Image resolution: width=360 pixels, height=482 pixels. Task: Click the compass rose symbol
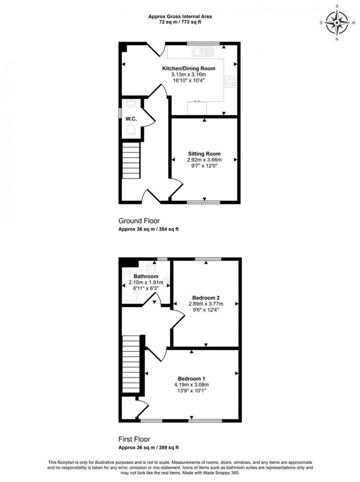(337, 23)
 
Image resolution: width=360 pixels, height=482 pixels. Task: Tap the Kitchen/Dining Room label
(188, 68)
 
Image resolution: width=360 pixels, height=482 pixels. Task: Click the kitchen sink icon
(204, 52)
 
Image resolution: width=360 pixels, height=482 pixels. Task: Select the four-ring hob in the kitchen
(231, 81)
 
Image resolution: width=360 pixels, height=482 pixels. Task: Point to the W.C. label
(131, 119)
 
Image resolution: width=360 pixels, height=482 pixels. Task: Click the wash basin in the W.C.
(132, 103)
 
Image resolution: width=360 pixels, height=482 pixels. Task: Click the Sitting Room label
(204, 154)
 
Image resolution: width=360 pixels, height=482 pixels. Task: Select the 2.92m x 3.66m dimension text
(204, 160)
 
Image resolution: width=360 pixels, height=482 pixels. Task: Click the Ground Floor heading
(139, 221)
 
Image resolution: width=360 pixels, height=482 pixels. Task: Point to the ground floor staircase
(131, 160)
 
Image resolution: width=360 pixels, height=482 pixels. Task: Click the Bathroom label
(146, 276)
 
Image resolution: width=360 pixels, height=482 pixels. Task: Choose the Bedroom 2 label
(206, 298)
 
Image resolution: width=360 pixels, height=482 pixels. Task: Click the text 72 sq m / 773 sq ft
(180, 22)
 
